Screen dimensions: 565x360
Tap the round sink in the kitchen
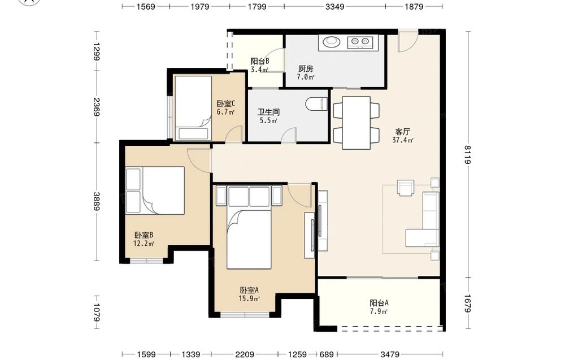(331, 42)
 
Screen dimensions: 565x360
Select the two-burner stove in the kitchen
(359, 42)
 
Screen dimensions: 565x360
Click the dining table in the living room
(357, 123)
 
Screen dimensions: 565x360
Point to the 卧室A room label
(249, 290)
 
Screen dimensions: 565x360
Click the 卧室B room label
(144, 235)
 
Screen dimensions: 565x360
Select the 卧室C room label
(226, 104)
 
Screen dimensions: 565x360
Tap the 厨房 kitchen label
(306, 68)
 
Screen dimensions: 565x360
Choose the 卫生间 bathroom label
(268, 112)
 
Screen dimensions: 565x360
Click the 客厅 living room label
(402, 132)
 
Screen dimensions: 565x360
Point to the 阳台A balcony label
(379, 303)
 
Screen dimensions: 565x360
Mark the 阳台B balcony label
(260, 61)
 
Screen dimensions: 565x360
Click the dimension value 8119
(467, 155)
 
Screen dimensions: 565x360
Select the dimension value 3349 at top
(334, 6)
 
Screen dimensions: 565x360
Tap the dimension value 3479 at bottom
(390, 354)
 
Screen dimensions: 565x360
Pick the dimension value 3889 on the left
(97, 201)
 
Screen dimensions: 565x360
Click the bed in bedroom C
(193, 108)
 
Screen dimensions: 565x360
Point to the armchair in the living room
(405, 188)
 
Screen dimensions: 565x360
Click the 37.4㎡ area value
(403, 140)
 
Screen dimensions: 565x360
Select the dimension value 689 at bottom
(327, 354)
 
